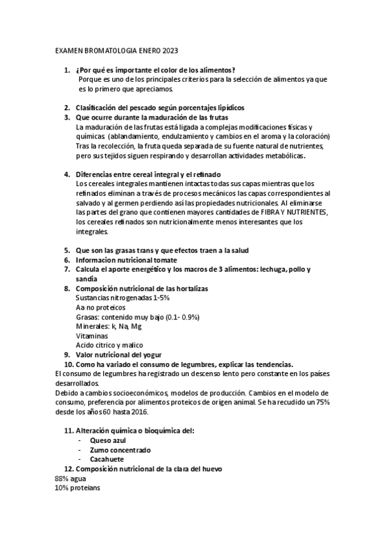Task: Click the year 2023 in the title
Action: tap(170, 50)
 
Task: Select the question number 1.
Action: tap(66, 70)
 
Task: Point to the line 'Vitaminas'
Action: tap(92, 335)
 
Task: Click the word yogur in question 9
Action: tap(150, 354)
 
